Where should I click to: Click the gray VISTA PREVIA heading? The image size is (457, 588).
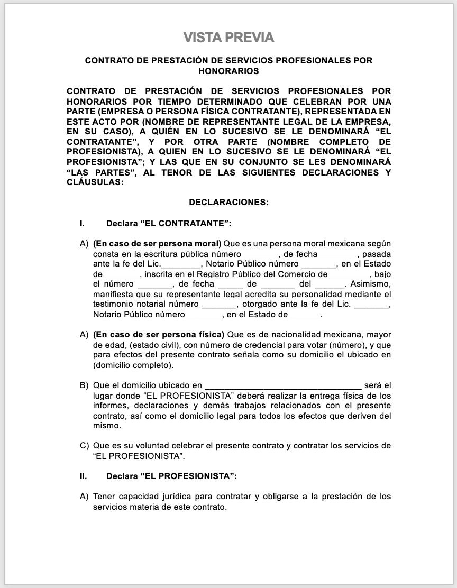[229, 38]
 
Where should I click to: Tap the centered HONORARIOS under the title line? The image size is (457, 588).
[229, 70]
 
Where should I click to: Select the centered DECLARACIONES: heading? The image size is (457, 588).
[229, 202]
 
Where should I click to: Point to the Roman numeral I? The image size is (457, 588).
[82, 224]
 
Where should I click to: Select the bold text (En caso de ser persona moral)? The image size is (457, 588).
[157, 244]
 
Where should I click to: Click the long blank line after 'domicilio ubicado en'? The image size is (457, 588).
[283, 385]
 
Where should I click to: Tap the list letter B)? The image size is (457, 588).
[84, 385]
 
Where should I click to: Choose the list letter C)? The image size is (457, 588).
[84, 446]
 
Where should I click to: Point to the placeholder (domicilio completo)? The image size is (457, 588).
[132, 365]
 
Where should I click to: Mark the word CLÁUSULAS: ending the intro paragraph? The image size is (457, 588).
[95, 182]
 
